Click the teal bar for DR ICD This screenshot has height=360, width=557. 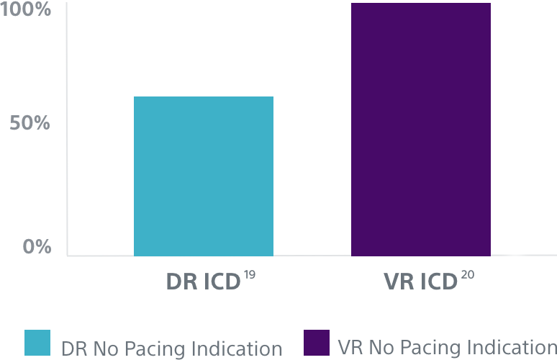pos(204,176)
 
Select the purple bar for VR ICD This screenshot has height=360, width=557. pos(420,130)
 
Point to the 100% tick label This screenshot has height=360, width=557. pos(25,10)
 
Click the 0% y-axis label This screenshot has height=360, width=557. pos(37,247)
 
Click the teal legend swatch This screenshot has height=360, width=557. pos(37,343)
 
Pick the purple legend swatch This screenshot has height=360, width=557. pos(317,343)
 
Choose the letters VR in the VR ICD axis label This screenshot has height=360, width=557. pos(397,281)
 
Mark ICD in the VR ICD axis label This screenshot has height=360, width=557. pos(436,281)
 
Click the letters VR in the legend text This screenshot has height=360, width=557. pos(348,347)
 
